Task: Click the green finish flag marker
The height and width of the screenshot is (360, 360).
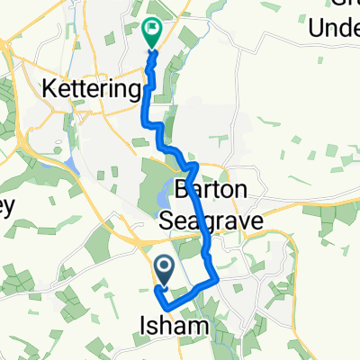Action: tap(152, 31)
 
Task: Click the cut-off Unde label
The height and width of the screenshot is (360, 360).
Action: tap(334, 31)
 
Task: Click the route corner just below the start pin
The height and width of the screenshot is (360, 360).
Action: tap(157, 290)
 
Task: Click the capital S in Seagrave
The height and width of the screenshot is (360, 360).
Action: tap(167, 219)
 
